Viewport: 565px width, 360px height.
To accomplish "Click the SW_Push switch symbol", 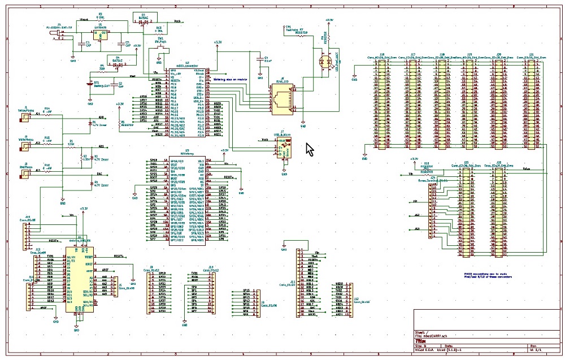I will coord(160,49).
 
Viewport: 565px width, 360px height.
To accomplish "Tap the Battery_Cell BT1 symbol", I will coord(90,84).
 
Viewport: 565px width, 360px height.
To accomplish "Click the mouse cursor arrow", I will coord(309,150).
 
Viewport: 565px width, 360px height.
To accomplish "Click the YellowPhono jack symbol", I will coord(24,118).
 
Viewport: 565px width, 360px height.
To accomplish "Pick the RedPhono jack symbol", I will coord(24,175).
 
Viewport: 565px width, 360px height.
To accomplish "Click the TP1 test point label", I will coord(288,27).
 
